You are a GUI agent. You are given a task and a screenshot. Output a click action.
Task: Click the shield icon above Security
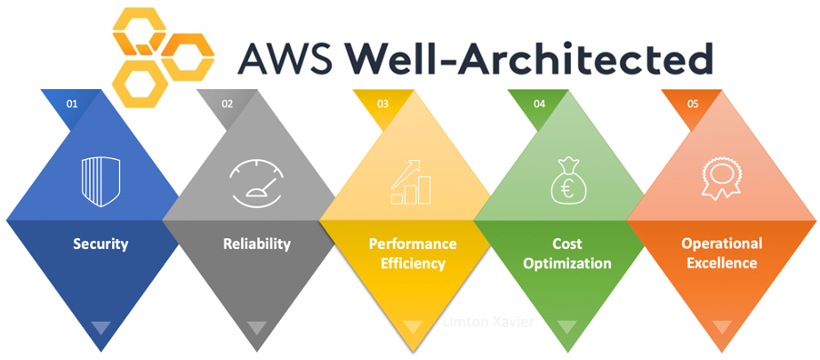(100, 179)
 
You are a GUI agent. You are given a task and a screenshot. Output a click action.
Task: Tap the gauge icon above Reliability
(257, 180)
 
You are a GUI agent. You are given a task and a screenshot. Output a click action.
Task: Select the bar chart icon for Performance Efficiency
(412, 182)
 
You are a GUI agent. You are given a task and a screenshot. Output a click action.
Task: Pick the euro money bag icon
(566, 180)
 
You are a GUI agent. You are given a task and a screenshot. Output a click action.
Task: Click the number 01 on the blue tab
(72, 105)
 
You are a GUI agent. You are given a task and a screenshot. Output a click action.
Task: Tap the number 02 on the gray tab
(227, 105)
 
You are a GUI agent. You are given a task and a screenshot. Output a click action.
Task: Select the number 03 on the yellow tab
(383, 105)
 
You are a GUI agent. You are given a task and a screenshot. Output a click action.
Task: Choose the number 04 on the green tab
(539, 105)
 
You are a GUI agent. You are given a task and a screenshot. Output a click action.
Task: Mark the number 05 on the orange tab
(693, 105)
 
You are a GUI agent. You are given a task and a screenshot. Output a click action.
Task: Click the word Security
(101, 244)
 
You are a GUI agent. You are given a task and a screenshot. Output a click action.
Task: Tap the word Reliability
(257, 244)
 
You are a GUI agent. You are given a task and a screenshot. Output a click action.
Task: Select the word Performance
(413, 245)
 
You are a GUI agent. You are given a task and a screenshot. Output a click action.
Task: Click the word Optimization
(567, 264)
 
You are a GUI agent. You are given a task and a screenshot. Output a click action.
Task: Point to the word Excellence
(720, 264)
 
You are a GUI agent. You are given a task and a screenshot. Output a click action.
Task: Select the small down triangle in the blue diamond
(101, 327)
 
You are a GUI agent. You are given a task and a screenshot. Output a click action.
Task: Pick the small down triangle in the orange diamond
(722, 327)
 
